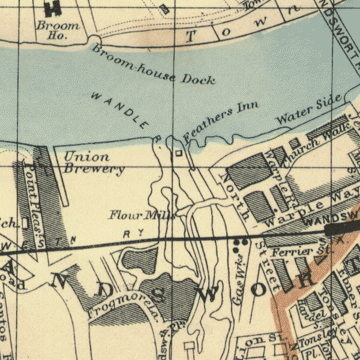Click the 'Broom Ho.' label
tap(58, 31)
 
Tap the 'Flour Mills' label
tap(142, 215)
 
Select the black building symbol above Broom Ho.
tap(53, 7)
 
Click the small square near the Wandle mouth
tap(178, 154)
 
